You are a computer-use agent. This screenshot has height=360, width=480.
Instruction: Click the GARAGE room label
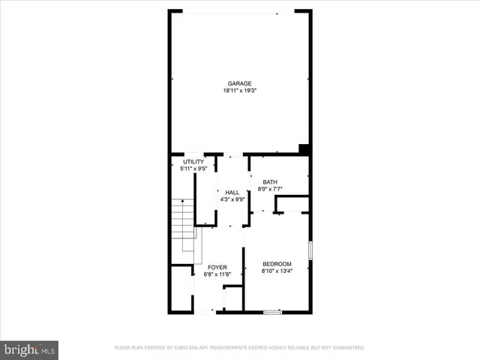tap(239, 83)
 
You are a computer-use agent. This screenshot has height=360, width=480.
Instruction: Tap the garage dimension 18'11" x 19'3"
tap(239, 91)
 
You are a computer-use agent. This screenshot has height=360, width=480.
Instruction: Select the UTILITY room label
tap(193, 162)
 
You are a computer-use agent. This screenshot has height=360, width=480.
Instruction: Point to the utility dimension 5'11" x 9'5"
tap(193, 169)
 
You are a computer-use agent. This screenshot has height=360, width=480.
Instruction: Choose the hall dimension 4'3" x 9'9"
tap(232, 199)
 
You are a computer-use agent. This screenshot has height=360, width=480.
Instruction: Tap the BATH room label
tap(269, 182)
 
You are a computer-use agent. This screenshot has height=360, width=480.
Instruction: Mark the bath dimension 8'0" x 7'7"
tap(269, 189)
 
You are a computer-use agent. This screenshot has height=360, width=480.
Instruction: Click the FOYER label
tap(217, 267)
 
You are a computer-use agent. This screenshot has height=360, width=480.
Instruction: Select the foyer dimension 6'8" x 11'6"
tap(217, 274)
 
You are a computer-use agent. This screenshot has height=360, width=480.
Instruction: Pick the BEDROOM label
tap(276, 263)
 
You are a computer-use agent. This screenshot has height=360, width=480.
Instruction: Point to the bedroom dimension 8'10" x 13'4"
tap(276, 271)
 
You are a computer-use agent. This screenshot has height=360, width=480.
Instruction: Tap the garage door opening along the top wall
tap(233, 12)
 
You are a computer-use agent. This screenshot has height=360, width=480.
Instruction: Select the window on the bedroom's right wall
tap(310, 250)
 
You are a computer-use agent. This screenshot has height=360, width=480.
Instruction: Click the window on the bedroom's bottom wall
tap(272, 311)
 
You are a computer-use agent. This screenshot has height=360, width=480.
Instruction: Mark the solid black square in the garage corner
tap(304, 148)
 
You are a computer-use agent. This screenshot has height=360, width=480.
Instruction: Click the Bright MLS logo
tap(30, 349)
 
